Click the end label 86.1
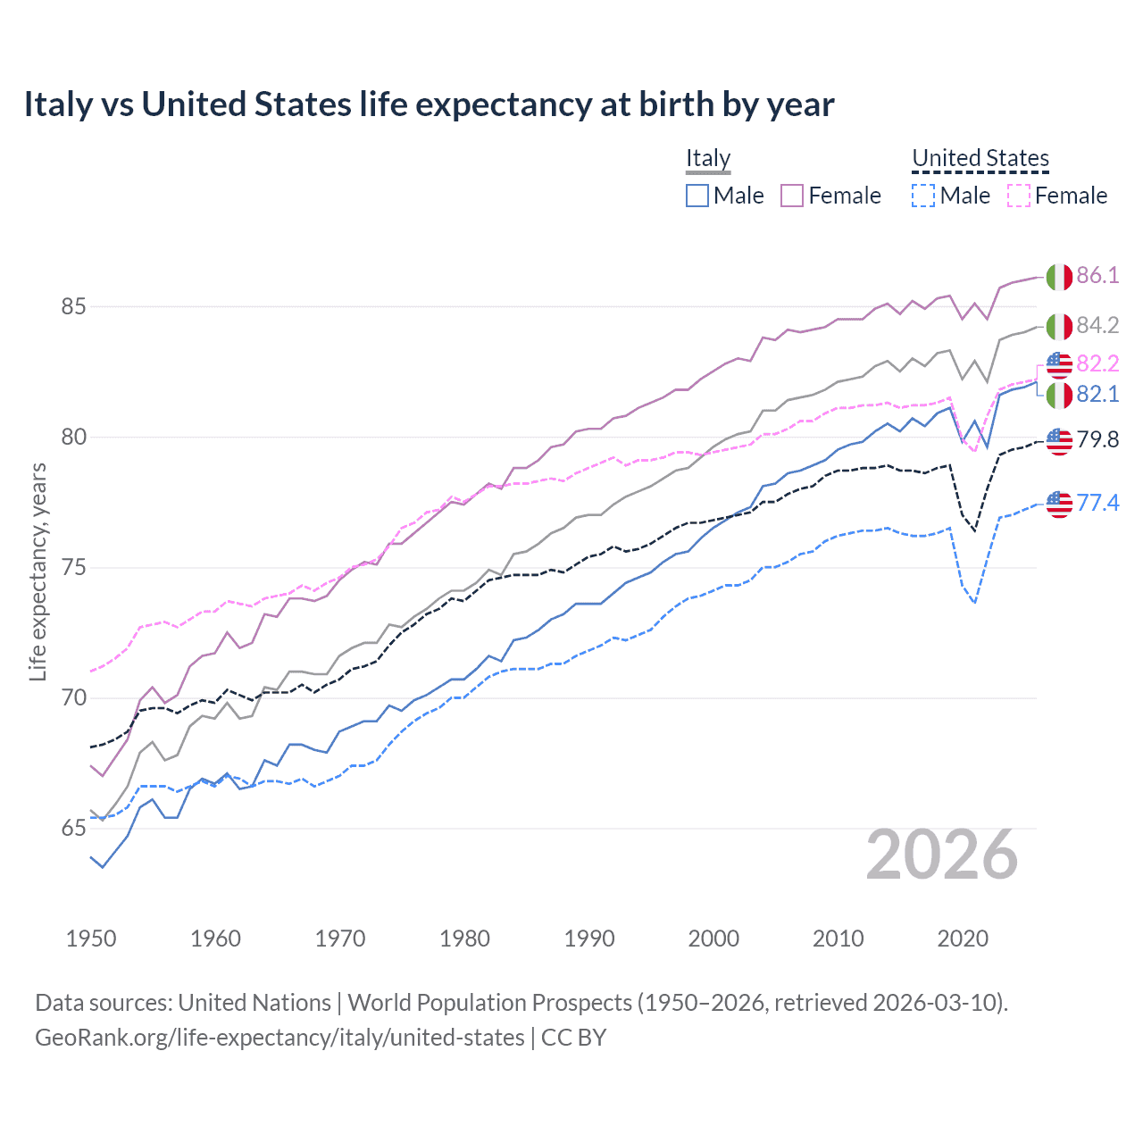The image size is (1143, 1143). click(1097, 275)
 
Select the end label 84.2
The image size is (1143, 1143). click(1097, 325)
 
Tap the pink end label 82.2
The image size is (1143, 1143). click(1097, 363)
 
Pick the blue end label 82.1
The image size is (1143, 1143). click(1097, 394)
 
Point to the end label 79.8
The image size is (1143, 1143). click(1097, 439)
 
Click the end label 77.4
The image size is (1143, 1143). click(1097, 503)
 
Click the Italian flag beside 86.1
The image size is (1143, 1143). click(1059, 277)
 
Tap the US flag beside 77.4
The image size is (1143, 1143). click(1059, 505)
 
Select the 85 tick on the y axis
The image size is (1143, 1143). click(73, 306)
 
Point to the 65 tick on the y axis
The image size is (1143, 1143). click(73, 829)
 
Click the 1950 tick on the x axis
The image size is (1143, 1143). click(91, 939)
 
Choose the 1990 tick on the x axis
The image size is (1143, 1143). click(589, 939)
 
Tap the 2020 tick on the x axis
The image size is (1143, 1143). click(963, 939)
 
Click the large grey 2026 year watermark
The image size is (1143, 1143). click(941, 855)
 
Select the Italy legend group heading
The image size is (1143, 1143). click(708, 158)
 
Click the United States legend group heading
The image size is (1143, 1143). click(980, 158)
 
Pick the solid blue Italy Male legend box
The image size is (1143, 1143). click(697, 196)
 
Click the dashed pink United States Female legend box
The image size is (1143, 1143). click(1019, 196)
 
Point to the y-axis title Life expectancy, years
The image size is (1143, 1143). click(38, 571)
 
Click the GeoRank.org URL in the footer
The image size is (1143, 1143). click(279, 1038)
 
